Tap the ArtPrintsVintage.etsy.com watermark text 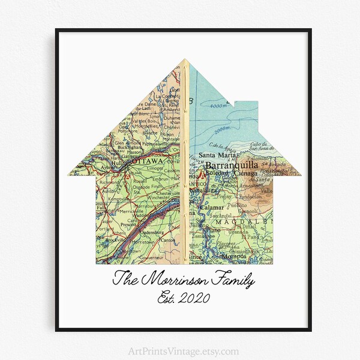[180, 351]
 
